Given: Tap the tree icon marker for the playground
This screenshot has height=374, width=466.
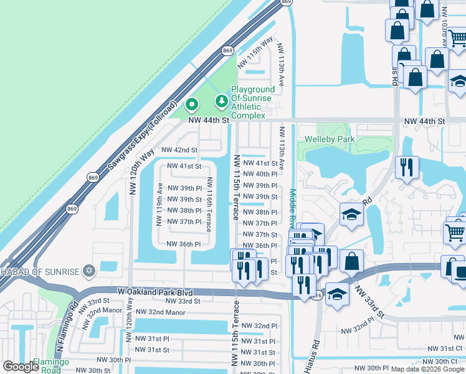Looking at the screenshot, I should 221,100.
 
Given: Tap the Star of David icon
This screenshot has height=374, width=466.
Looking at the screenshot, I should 88,271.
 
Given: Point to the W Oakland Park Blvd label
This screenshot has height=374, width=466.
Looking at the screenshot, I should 155,292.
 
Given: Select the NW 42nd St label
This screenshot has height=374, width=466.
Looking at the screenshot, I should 179,150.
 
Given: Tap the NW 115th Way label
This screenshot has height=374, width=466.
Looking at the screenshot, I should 260,48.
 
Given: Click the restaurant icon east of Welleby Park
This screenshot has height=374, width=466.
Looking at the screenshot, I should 407,167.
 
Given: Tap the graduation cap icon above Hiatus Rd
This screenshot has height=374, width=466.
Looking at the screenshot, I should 351,214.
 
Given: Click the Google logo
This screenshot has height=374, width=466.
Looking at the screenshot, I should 21,367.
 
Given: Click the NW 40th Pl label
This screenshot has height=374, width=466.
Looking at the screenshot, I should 260,174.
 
